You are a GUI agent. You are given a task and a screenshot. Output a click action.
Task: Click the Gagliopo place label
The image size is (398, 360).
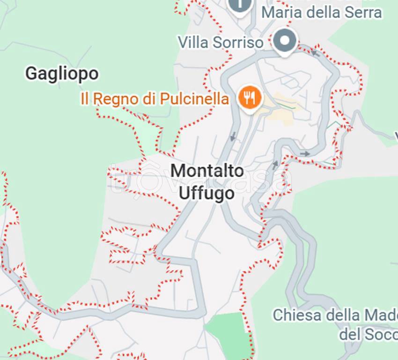point(62,74)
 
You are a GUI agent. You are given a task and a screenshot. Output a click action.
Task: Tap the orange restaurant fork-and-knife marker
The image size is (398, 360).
point(249,97)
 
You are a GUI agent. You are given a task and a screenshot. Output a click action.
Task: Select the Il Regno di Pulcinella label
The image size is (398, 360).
point(155,99)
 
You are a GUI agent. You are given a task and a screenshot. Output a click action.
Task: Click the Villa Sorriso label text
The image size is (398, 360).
point(220,42)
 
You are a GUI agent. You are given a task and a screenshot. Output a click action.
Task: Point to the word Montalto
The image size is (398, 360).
point(207,171)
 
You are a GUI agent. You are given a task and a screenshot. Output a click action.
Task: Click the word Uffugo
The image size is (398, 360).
point(207,193)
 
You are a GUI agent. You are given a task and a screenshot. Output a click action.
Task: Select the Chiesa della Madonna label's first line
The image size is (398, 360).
point(335,315)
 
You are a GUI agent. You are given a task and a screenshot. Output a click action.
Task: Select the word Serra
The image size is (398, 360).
point(363,12)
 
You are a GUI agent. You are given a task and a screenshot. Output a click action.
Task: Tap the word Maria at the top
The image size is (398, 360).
point(281,12)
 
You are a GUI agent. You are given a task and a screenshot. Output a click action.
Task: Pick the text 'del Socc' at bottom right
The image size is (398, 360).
point(368,335)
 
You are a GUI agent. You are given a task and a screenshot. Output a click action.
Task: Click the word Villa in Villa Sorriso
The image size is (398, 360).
point(193,42)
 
